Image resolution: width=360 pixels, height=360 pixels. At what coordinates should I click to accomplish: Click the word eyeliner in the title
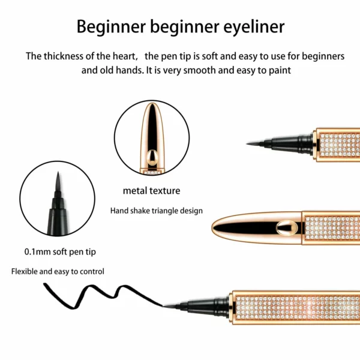[254, 27]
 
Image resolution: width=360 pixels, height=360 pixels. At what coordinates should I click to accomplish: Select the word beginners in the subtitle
[323, 57]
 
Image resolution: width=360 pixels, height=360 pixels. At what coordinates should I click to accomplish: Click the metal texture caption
[152, 191]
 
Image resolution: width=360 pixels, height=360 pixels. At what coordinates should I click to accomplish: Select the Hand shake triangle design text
[157, 211]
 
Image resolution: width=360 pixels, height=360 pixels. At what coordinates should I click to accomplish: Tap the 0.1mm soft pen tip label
[60, 252]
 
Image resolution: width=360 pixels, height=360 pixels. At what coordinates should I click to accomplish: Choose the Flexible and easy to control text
[58, 272]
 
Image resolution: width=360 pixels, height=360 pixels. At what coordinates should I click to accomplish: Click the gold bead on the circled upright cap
[152, 157]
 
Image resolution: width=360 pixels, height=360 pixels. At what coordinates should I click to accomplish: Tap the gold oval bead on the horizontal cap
[287, 227]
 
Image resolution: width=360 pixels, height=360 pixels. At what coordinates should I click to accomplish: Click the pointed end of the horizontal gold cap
[212, 227]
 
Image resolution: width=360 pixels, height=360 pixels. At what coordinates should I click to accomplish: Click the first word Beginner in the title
[111, 27]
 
